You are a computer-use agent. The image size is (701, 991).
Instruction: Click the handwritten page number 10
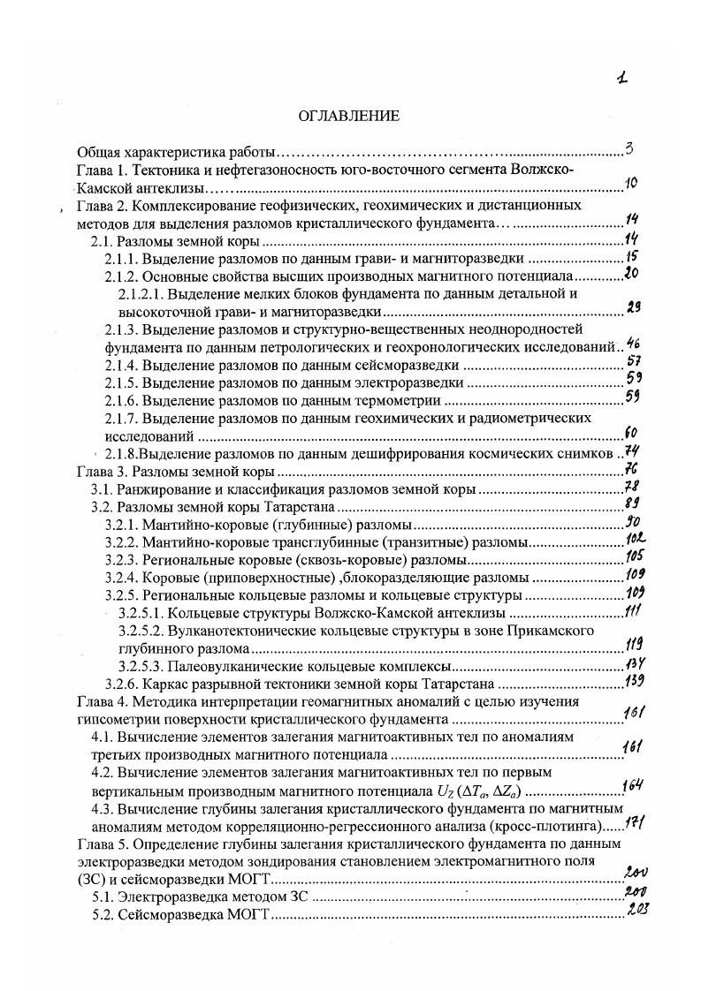pos(631,184)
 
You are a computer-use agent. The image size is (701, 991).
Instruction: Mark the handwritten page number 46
pos(632,344)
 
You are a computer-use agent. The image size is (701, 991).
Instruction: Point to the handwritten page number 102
pos(635,538)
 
